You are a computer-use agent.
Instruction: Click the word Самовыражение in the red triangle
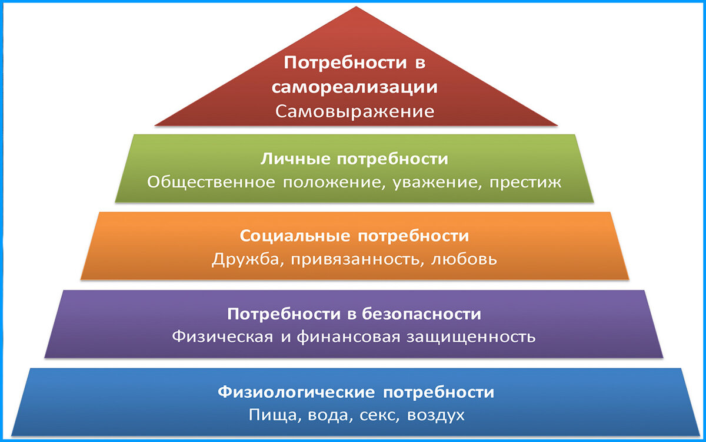point(355,111)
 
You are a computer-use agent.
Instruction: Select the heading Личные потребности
point(355,159)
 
